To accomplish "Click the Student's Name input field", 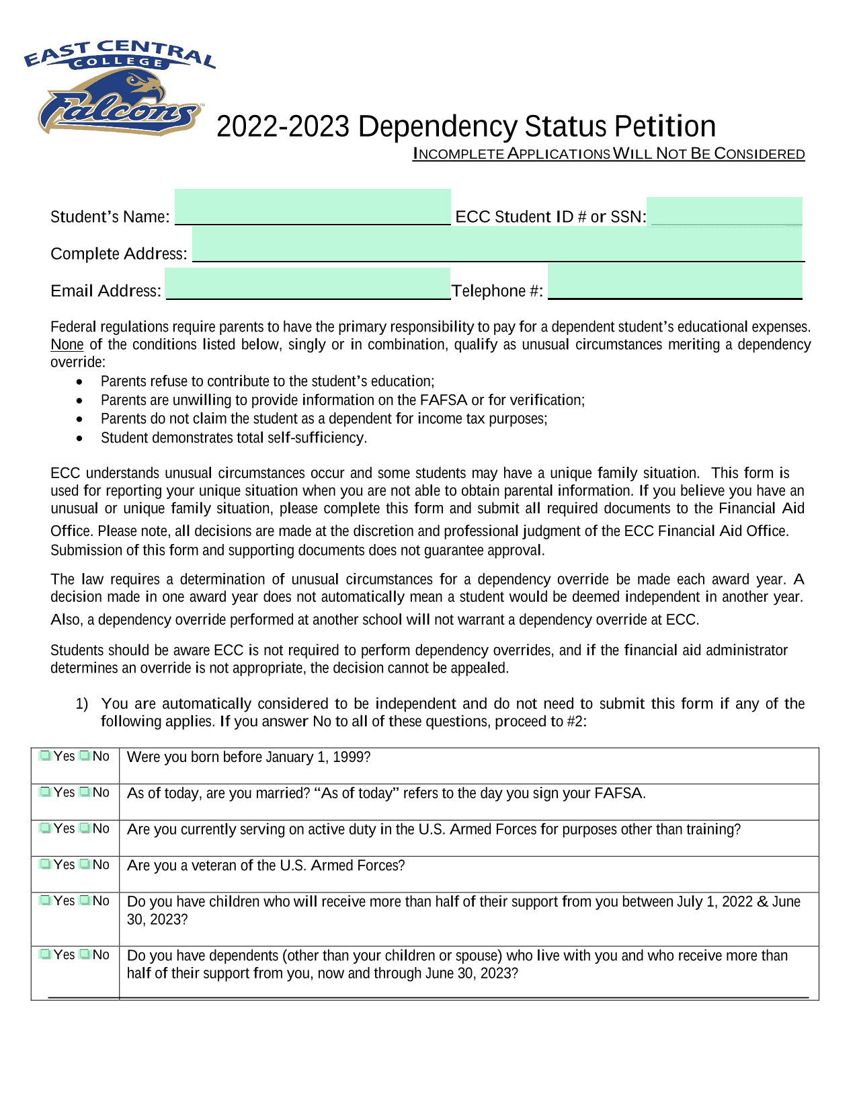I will click(313, 207).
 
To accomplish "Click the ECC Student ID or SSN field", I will click(725, 211).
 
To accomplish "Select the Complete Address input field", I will click(497, 243).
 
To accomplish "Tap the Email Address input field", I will click(307, 283).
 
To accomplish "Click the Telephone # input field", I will click(675, 280).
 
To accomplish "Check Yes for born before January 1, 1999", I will click(45, 756).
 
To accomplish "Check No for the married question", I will click(85, 792).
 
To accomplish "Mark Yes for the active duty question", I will click(45, 829).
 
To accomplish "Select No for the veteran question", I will click(85, 864).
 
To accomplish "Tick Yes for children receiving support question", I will click(45, 901).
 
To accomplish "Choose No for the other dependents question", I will click(85, 954).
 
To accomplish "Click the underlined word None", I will click(67, 345).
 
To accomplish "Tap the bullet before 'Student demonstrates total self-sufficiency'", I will click(80, 438).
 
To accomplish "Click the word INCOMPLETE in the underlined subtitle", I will click(458, 154).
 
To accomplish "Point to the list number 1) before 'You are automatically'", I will click(81, 704).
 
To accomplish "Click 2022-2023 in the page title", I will click(283, 126).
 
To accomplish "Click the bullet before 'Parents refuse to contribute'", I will click(80, 382).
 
